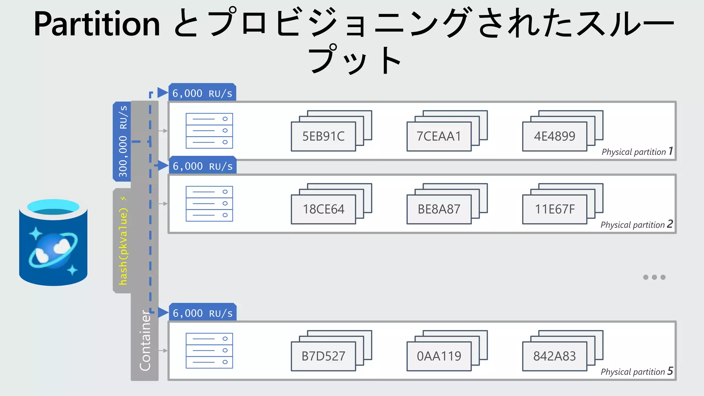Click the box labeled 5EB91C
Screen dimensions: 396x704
[x=323, y=136]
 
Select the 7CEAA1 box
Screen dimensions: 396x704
[x=439, y=136]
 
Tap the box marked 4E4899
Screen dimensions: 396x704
[x=554, y=136]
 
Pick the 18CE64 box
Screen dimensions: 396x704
[x=323, y=209]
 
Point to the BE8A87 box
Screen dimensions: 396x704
[x=439, y=209]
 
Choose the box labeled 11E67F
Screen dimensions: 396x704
[x=554, y=209]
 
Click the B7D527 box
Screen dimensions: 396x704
[x=323, y=356]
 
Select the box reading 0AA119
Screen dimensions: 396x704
[x=439, y=356]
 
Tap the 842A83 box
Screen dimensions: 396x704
[x=554, y=356]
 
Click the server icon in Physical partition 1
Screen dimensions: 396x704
[x=209, y=131]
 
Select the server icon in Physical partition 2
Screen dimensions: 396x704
[x=209, y=203]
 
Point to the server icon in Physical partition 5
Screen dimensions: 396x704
[x=209, y=351]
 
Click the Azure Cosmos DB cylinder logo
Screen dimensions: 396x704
[x=53, y=242]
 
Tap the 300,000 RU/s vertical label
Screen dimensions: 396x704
[x=122, y=141]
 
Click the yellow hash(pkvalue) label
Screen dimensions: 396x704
[x=123, y=241]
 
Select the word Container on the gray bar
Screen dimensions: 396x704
[x=145, y=340]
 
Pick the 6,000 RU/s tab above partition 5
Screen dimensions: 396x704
[x=202, y=313]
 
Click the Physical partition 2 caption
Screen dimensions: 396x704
[x=636, y=224]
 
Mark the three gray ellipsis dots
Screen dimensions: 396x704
[x=654, y=277]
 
